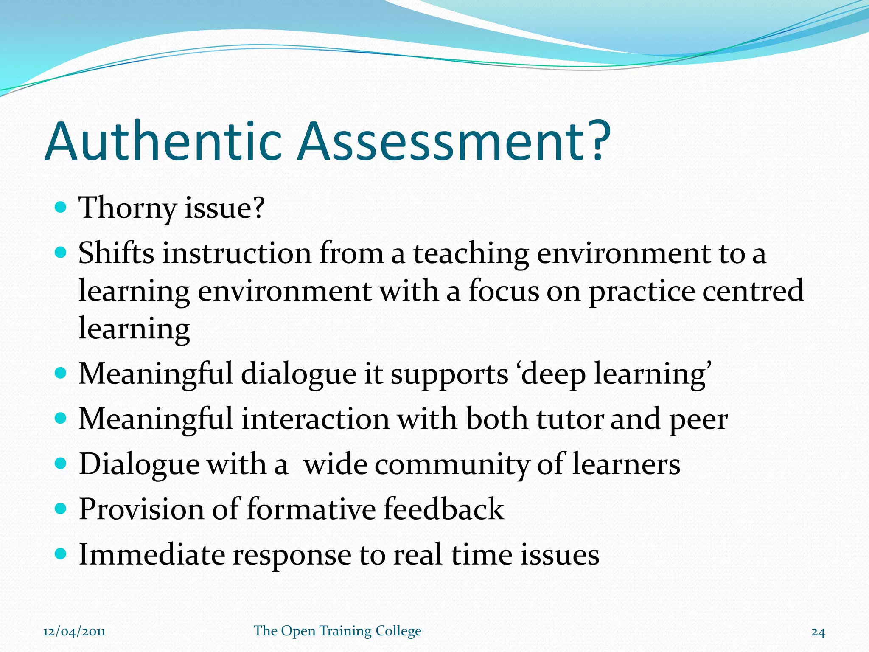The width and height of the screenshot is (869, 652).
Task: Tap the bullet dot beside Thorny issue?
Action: pyautogui.click(x=61, y=208)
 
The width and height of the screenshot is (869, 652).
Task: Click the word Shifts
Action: pyautogui.click(x=116, y=253)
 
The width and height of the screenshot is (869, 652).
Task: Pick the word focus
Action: pyautogui.click(x=504, y=291)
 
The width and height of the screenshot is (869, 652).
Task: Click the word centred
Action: pyautogui.click(x=753, y=291)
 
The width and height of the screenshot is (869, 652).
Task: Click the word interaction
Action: pyautogui.click(x=315, y=419)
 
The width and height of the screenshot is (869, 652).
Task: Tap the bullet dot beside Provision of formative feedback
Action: pyautogui.click(x=61, y=508)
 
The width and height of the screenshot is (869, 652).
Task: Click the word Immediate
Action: pyautogui.click(x=152, y=554)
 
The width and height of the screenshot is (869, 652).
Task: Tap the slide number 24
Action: pyautogui.click(x=818, y=632)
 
